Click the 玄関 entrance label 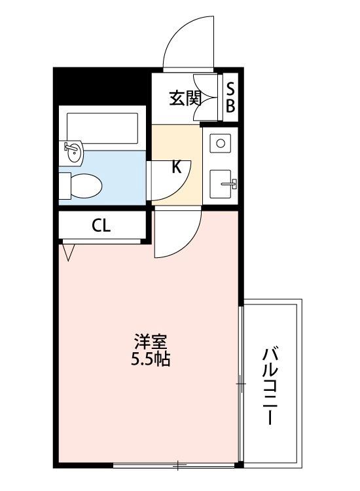point(185,98)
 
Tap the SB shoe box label point(230,98)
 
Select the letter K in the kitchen point(177,167)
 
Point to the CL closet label point(101,225)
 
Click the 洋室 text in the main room point(151,342)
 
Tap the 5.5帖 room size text point(151,359)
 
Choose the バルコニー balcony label point(270,386)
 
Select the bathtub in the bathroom point(102,128)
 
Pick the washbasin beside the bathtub point(74,153)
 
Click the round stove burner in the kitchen point(221,143)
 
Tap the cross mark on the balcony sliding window point(241,384)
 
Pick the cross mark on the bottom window point(177,465)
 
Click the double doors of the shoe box point(206,98)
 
